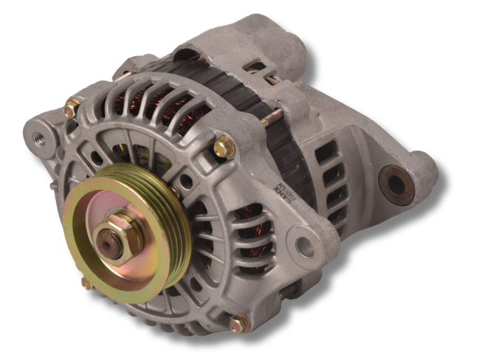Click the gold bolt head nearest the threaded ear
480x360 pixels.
click(x=72, y=109)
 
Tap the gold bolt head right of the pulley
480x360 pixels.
click(x=224, y=147)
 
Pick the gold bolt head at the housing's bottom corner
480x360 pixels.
click(x=238, y=323)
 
